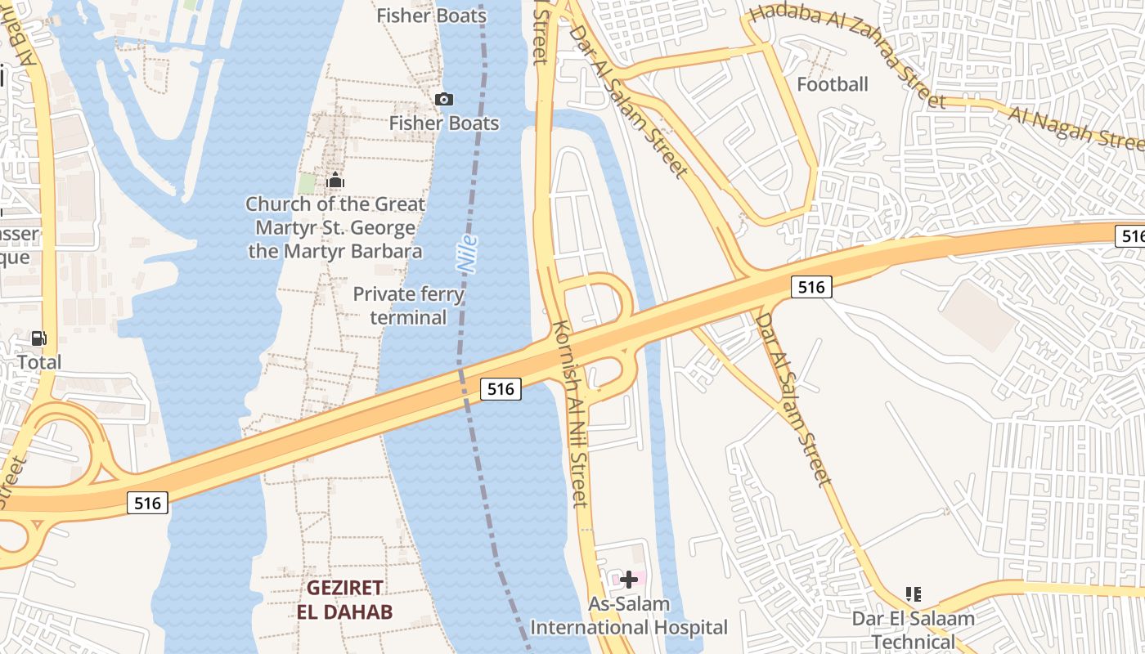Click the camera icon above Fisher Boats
(x=444, y=99)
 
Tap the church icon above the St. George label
(x=335, y=181)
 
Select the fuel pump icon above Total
(x=38, y=338)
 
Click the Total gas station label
(x=39, y=361)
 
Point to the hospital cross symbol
(x=629, y=580)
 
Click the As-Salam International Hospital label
(x=629, y=616)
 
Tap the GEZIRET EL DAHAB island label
(x=344, y=599)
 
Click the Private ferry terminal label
(x=408, y=306)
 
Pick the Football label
(x=832, y=84)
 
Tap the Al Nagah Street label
(x=1075, y=127)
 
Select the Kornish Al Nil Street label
(x=570, y=413)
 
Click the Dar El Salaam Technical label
(x=914, y=629)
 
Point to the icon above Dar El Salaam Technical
(x=914, y=594)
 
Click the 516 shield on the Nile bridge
(x=501, y=388)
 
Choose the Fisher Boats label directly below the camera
(x=444, y=123)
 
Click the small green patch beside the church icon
(x=307, y=183)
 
